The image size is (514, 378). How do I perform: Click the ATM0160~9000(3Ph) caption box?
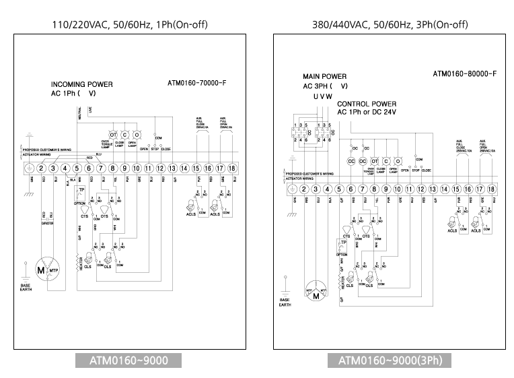pos(390,360)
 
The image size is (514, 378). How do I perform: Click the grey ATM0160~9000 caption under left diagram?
pos(129,360)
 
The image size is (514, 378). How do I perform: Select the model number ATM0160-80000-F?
pos(465,73)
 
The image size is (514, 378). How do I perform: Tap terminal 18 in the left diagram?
pos(231,168)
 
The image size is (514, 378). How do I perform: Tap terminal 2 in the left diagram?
pos(41,168)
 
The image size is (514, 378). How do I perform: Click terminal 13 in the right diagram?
pos(433,190)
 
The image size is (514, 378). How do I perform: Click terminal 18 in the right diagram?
pos(492,190)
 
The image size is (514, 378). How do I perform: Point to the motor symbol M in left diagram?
pos(40,270)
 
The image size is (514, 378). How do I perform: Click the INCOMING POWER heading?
pos(82,84)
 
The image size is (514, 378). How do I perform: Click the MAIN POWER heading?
pos(325,77)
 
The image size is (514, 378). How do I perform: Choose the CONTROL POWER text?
pos(367,104)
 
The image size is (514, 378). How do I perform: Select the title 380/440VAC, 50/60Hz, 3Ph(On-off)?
pos(390,25)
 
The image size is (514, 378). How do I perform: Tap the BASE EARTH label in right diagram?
pos(285,302)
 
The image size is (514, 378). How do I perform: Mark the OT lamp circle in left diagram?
pos(114,135)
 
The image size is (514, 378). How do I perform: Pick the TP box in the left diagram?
pos(81,191)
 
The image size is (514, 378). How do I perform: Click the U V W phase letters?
pos(323,96)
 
